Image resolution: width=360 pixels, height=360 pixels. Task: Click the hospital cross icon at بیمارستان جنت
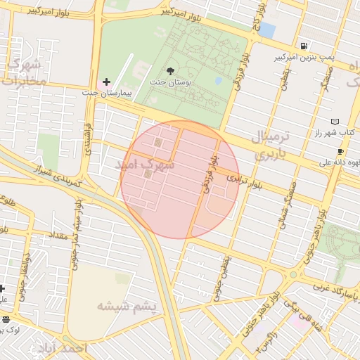pos(106,82)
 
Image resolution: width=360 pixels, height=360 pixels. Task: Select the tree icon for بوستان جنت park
pos(170,70)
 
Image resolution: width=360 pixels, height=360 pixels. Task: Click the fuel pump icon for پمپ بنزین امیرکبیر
pos(303,46)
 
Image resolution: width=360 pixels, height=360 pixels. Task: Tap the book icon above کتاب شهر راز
pos(334,122)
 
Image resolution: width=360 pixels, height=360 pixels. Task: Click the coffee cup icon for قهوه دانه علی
pos(340,151)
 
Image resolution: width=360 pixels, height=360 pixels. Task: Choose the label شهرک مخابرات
pos(23,72)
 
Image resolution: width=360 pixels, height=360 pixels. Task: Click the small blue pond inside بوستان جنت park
pos(219,80)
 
